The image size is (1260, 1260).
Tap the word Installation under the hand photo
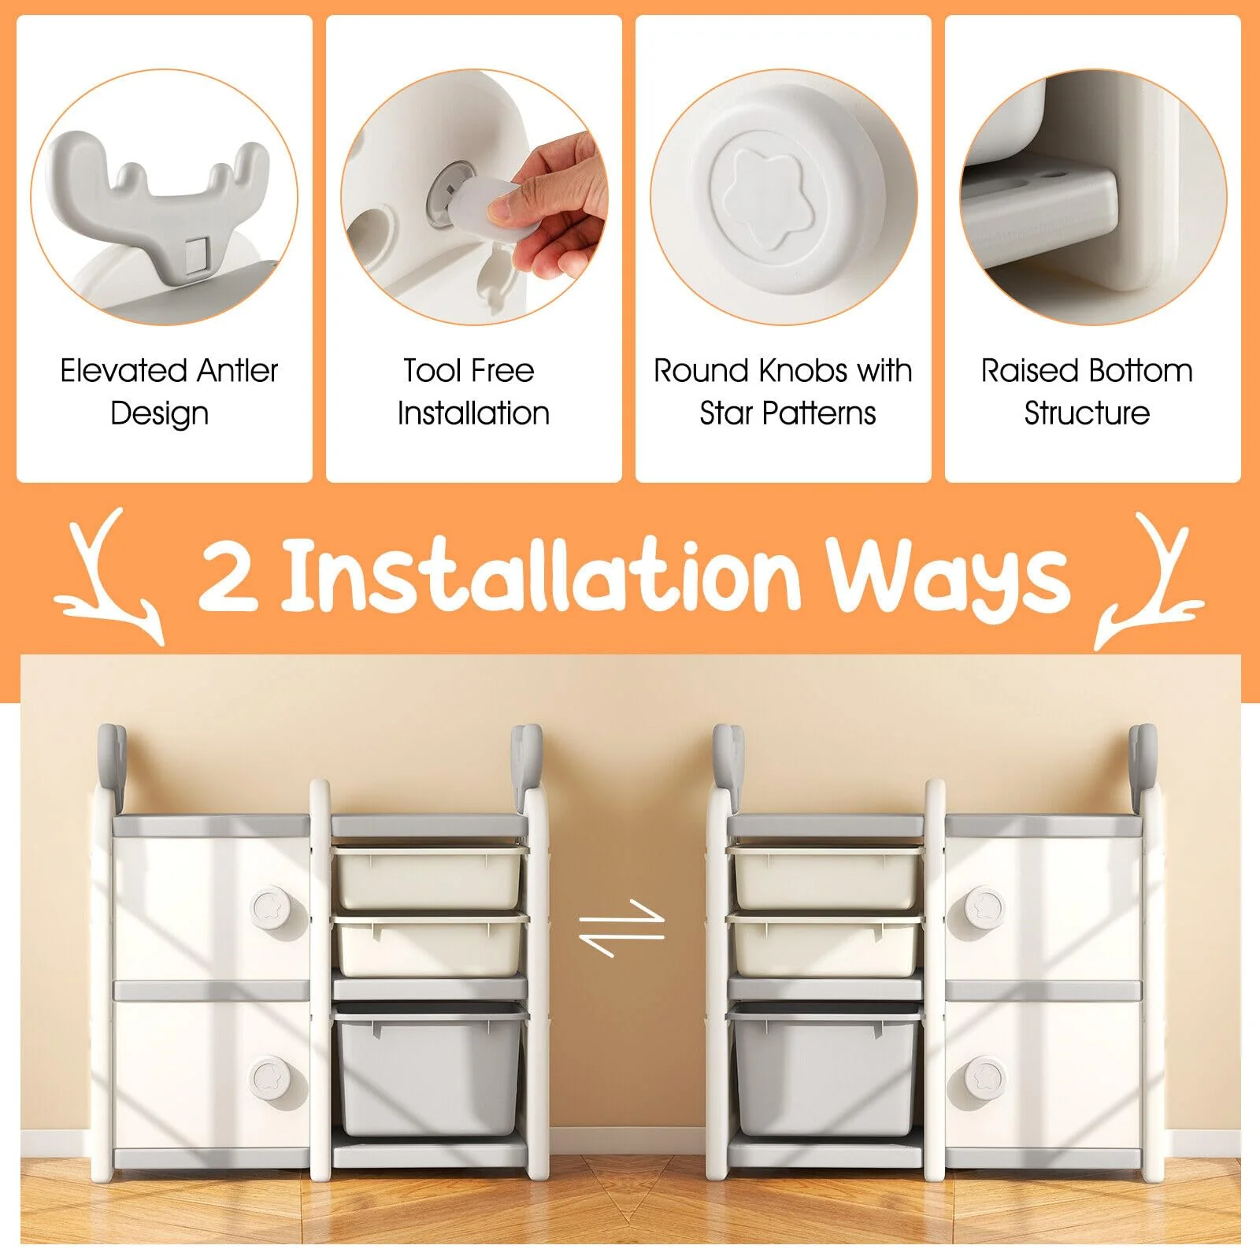pyautogui.click(x=473, y=413)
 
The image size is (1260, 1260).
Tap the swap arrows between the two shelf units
pyautogui.click(x=622, y=928)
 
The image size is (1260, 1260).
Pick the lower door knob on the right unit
pyautogui.click(x=984, y=1077)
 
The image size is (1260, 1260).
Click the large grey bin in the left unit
pyautogui.click(x=430, y=1073)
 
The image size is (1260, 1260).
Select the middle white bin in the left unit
pyautogui.click(x=430, y=945)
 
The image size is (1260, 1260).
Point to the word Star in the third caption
pyautogui.click(x=725, y=413)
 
